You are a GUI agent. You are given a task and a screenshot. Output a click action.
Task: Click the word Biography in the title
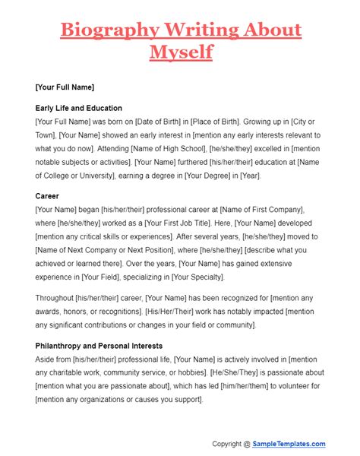[x=109, y=31]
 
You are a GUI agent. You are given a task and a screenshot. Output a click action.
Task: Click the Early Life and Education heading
[x=78, y=108]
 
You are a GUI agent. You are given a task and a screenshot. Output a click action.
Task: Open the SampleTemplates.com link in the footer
[x=289, y=444]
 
